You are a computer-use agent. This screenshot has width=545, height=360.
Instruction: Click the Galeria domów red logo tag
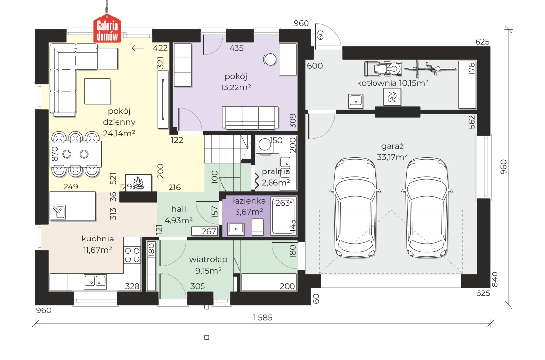coord(107,29)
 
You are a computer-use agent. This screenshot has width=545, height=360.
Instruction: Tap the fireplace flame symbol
coord(138,183)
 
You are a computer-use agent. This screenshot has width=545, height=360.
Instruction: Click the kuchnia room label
coord(98,239)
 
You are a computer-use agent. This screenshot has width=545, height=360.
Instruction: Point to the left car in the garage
coord(355,207)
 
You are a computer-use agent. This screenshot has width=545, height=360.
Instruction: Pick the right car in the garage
coord(427,207)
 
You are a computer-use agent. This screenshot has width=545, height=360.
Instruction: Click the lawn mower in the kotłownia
coord(383,69)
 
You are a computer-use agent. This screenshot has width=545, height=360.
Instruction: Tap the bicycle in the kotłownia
coord(429,69)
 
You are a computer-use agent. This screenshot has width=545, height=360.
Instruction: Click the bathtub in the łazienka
coord(284,216)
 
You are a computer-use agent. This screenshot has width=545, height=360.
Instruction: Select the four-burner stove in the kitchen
coord(133,255)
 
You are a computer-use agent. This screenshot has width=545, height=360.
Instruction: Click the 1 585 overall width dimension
coord(262,317)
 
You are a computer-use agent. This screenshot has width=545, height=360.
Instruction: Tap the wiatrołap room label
coord(208,259)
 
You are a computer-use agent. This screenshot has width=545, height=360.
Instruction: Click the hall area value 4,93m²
coord(179,220)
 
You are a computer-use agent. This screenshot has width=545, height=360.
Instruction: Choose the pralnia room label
coord(275,171)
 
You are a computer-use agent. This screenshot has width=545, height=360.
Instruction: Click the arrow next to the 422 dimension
coord(137,48)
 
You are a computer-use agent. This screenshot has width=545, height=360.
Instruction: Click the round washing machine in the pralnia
coord(265,145)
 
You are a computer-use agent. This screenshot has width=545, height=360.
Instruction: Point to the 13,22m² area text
coord(236,87)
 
